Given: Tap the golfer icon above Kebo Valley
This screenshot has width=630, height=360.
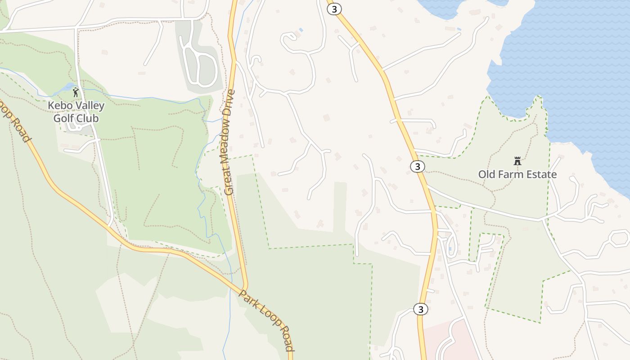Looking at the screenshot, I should pyautogui.click(x=76, y=93).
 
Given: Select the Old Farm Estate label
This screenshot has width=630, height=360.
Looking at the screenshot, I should pyautogui.click(x=517, y=174).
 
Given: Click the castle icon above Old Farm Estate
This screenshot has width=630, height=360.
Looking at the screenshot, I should pyautogui.click(x=517, y=161).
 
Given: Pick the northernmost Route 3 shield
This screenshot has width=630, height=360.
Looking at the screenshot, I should pyautogui.click(x=334, y=9).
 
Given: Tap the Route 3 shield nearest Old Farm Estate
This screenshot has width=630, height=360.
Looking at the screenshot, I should pyautogui.click(x=418, y=166).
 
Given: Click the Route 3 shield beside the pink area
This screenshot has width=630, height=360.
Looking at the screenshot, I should pyautogui.click(x=420, y=309).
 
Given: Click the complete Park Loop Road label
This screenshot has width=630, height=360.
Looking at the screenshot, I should pyautogui.click(x=266, y=320).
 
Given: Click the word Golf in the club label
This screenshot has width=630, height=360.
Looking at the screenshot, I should pyautogui.click(x=63, y=118).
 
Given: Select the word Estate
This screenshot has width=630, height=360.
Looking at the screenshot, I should pyautogui.click(x=542, y=174).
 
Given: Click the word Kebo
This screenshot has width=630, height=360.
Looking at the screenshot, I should pyautogui.click(x=58, y=106).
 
